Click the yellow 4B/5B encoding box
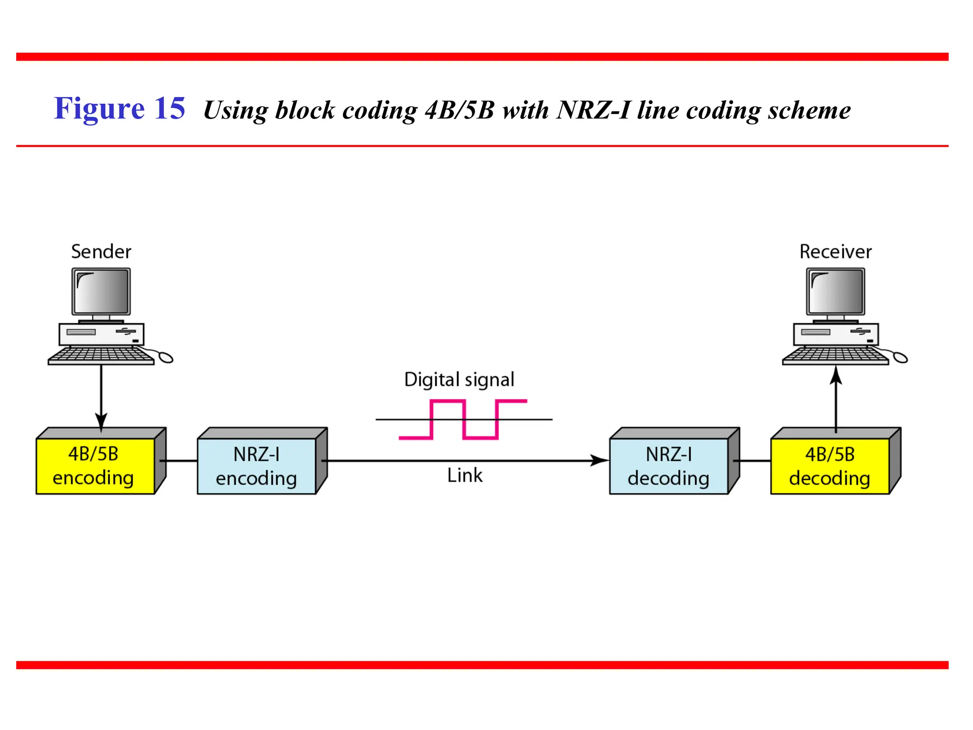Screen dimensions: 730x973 [x=95, y=466]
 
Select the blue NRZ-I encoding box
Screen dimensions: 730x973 [x=257, y=466]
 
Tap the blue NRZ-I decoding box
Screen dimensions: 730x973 [x=668, y=466]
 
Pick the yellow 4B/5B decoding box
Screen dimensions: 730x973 [x=830, y=466]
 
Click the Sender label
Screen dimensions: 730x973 [x=101, y=251]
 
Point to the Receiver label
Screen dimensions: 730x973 [x=835, y=251]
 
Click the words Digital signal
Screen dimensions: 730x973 [x=459, y=380]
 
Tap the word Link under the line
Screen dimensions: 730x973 [x=465, y=475]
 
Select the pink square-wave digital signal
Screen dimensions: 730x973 [x=463, y=420]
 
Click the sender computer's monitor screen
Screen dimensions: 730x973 [x=101, y=291]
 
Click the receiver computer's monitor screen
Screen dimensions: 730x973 [x=835, y=291]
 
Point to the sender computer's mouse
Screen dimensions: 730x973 [x=165, y=357]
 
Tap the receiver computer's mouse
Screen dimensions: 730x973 [x=900, y=357]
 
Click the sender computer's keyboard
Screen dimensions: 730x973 [x=101, y=355]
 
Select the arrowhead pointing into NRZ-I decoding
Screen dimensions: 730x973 [x=600, y=461]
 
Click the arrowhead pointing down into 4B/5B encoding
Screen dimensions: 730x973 [x=101, y=421]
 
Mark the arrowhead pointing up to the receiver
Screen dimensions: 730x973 [x=836, y=375]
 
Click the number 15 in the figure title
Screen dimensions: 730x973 [x=169, y=108]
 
